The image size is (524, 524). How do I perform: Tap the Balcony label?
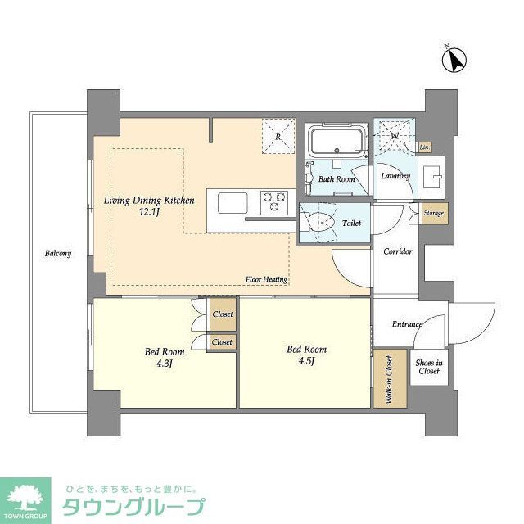57,253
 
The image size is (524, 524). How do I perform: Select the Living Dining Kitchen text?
148,200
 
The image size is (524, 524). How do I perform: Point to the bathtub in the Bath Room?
338,142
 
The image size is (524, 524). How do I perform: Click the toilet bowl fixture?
321,221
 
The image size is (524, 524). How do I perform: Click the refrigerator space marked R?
278,136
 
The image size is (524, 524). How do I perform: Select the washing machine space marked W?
394,136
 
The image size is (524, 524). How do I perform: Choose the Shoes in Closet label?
428,367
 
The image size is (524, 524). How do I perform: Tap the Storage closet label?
434,214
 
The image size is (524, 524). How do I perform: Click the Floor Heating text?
266,279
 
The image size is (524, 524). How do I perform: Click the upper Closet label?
222,314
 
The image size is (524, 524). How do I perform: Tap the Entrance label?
407,324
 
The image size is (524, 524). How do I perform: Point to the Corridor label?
398,252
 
